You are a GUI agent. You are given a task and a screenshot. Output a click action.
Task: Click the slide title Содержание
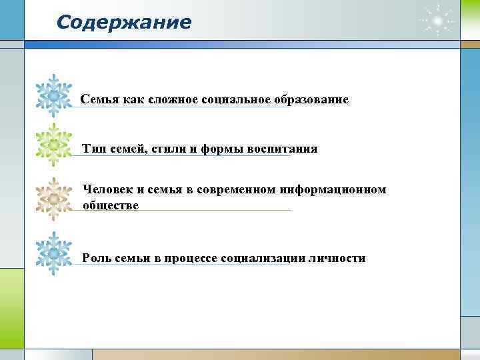pos(124,23)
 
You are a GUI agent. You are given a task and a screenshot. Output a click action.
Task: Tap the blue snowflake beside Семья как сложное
pos(53,96)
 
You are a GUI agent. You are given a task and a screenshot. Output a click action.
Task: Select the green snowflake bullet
pos(53,145)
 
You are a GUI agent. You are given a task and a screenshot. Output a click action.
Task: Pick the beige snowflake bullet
pos(53,198)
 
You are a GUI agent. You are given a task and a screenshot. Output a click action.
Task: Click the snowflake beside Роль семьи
pos(53,254)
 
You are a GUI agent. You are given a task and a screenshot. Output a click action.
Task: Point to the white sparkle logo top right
pos(437,23)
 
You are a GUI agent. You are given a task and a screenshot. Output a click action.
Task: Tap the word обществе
pos(111,205)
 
